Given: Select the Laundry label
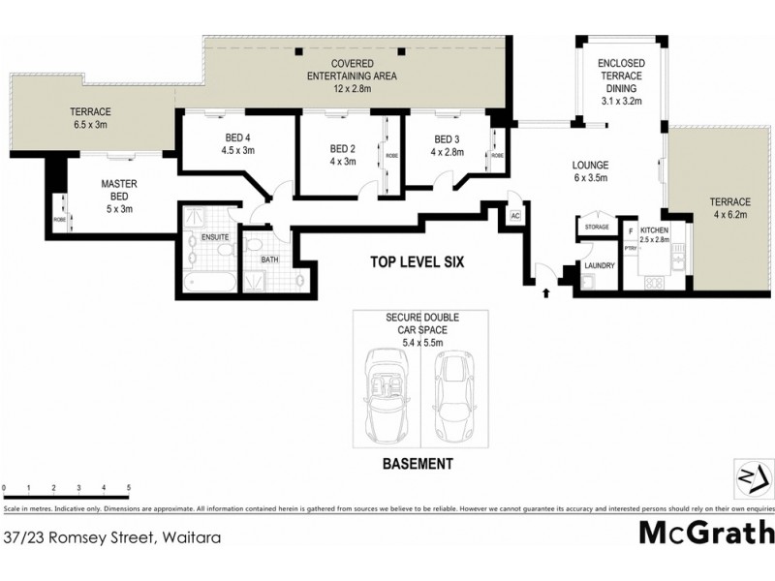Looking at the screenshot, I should pos(596,265).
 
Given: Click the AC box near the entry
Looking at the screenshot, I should pos(514,215).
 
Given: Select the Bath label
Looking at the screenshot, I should pos(269,259).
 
